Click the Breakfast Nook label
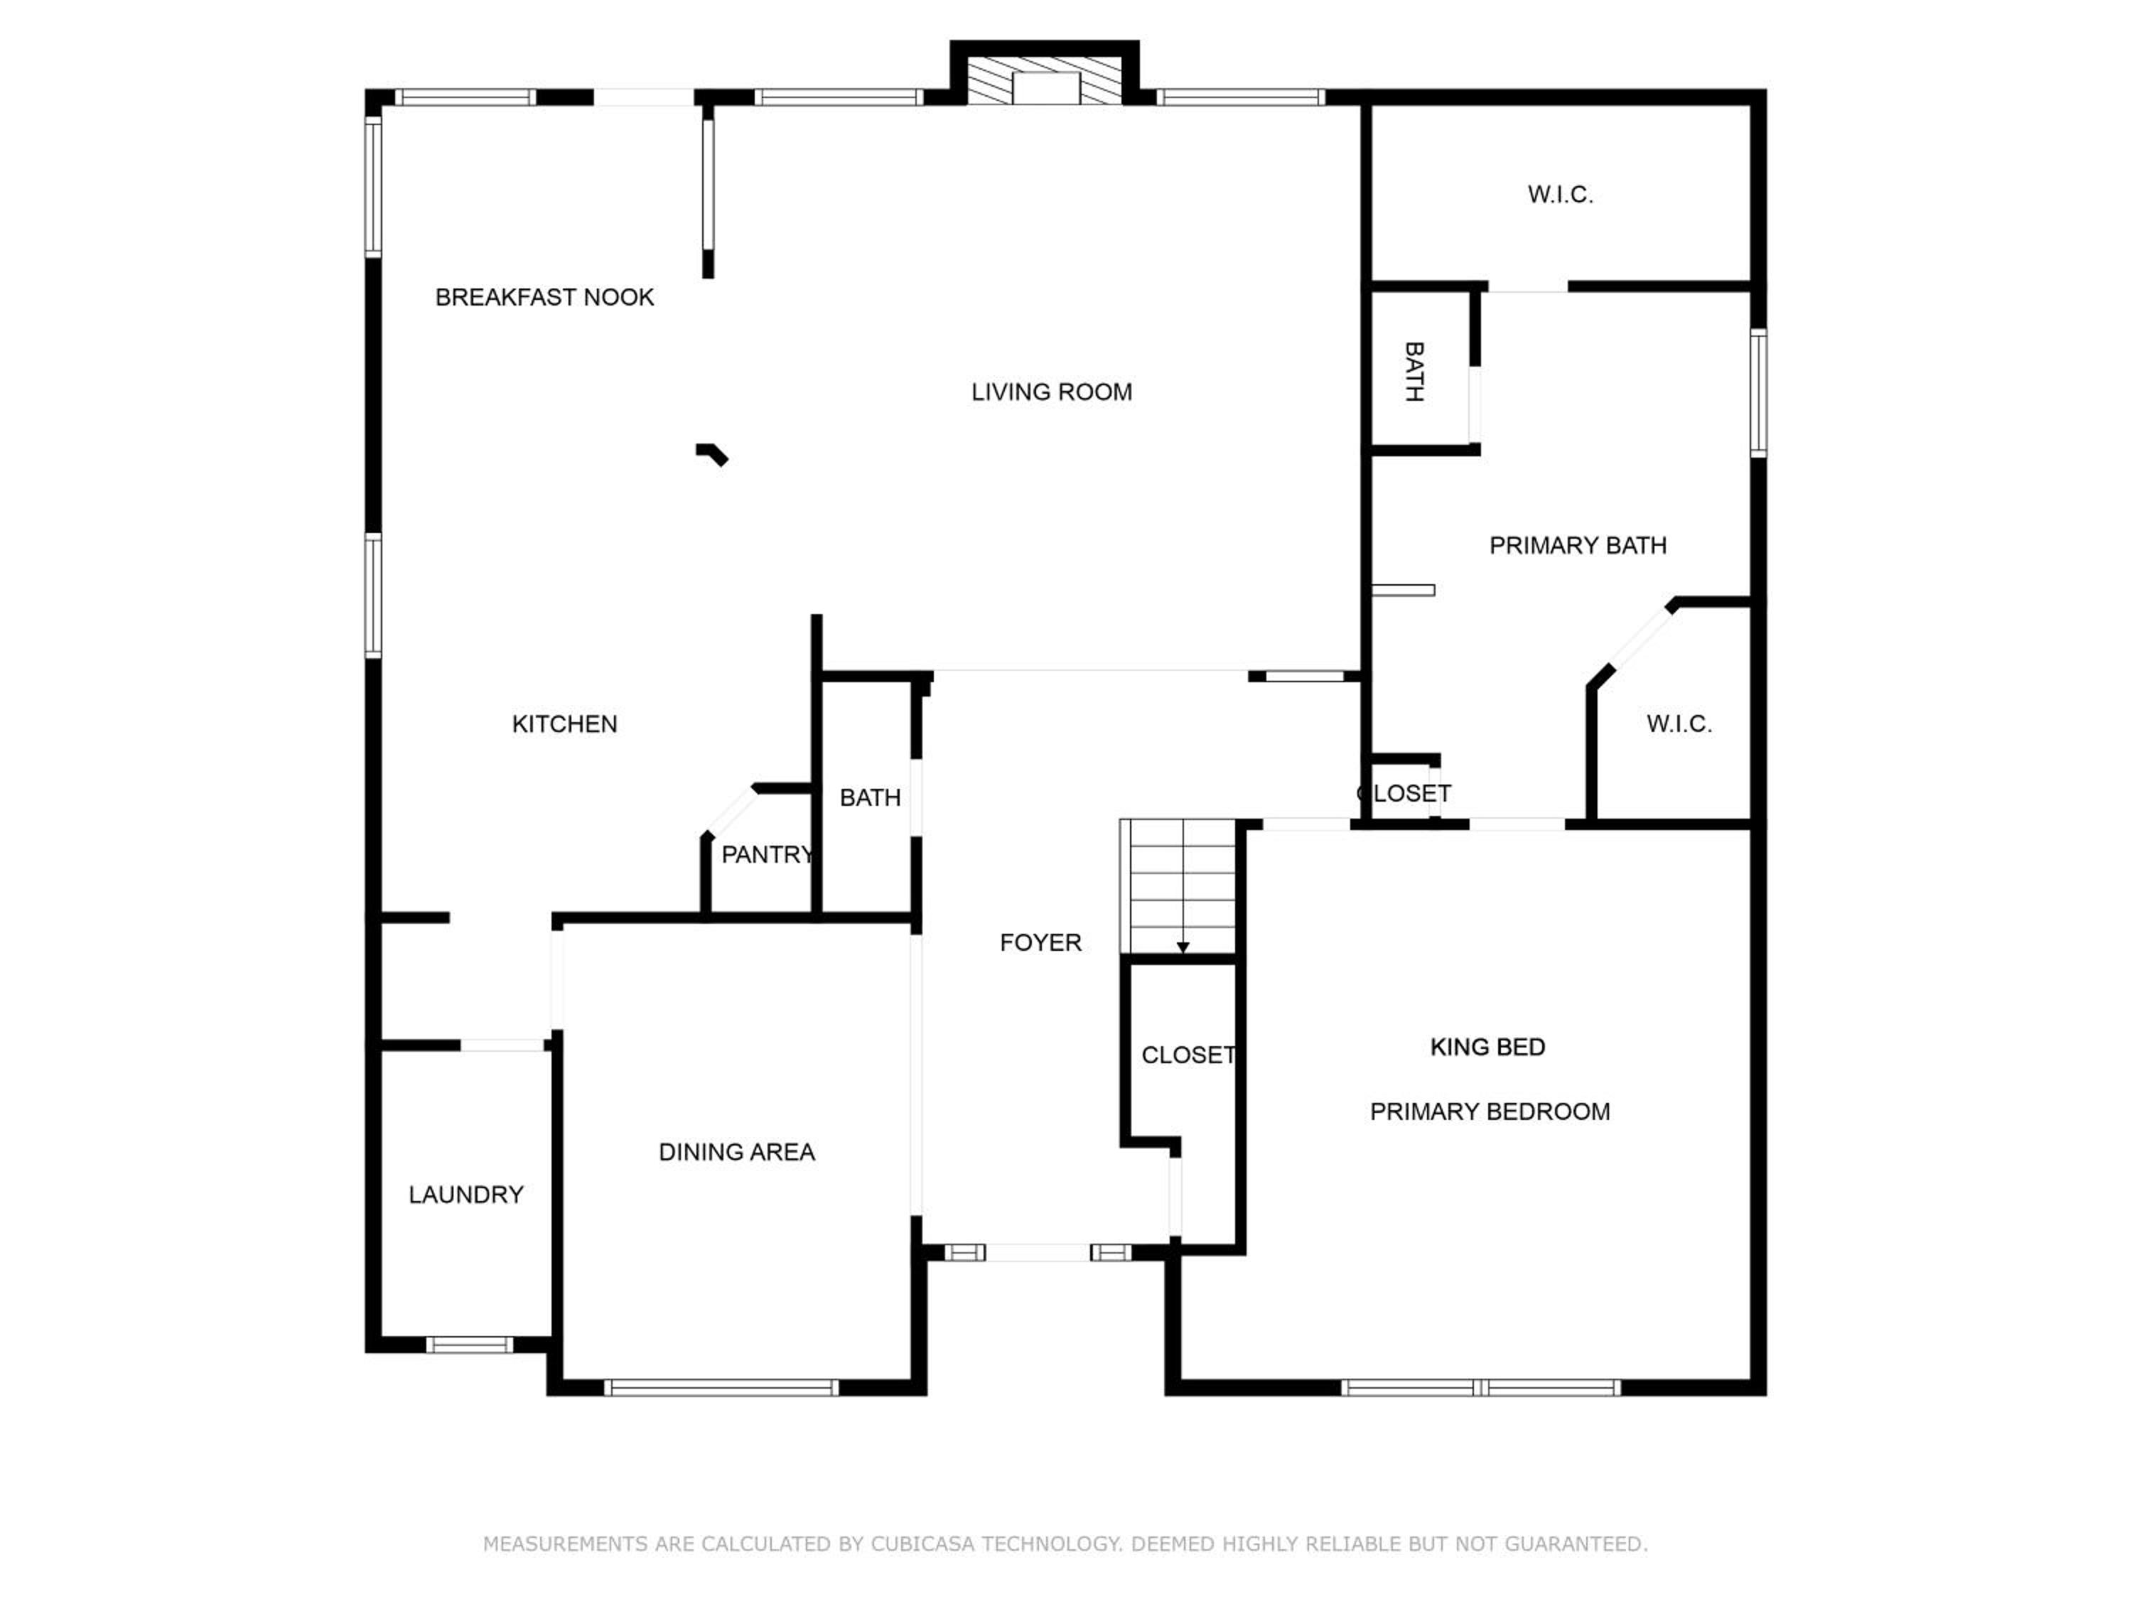544,297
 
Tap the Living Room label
1052,392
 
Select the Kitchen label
565,724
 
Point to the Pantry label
768,854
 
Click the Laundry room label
465,1195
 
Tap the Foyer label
1041,942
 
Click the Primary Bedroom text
1490,1111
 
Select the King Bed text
1488,1047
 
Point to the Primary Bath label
1578,546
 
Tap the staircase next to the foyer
1178,887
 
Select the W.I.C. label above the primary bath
1561,195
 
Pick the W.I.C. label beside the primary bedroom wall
1679,724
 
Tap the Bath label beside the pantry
871,798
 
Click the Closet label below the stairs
1188,1055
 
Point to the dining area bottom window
721,1388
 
